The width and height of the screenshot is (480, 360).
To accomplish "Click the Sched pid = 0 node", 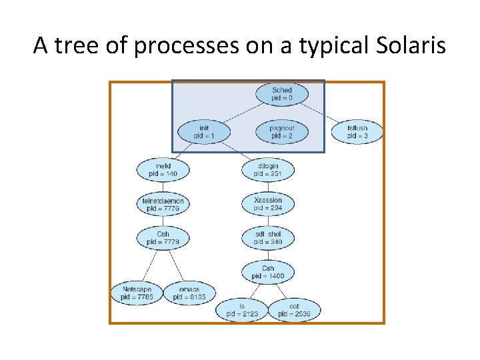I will pos(281,94).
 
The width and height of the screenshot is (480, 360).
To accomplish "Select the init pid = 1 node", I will pos(204,131).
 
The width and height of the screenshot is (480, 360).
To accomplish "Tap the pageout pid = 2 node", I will pos(281,131).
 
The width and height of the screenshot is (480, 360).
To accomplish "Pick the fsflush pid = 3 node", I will pos(357,131).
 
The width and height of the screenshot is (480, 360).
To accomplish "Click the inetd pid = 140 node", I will pos(163,169).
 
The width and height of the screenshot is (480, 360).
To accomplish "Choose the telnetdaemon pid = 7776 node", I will pos(163,204).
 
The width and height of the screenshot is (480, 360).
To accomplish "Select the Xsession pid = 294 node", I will pos(268,204).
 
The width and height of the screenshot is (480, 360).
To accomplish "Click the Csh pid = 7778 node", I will pos(163,238).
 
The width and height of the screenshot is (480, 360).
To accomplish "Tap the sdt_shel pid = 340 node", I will pos(268,238).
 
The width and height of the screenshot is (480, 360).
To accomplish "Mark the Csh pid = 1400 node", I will pos(268,271).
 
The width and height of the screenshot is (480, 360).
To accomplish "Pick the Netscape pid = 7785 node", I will pos(137,293).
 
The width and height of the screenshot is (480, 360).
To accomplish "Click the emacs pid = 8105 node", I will pos(189,293).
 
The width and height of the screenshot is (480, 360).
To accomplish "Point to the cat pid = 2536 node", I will pos(294,310).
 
